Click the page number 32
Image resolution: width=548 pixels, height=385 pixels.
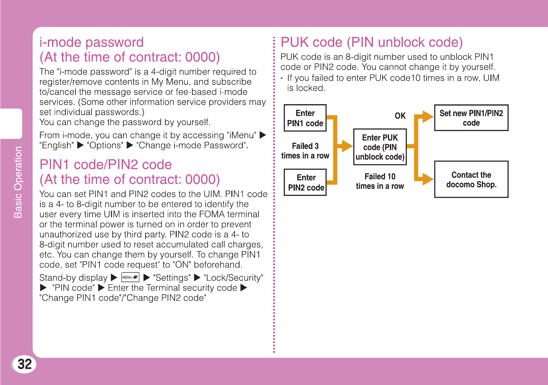point(25,364)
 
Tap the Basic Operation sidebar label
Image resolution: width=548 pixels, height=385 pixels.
point(18,182)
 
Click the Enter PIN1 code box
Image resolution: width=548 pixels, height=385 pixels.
point(305,118)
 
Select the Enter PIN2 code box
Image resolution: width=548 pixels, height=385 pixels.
point(305,182)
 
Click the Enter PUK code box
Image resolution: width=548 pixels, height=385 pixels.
point(380,147)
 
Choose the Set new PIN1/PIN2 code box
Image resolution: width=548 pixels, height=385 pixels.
point(471,118)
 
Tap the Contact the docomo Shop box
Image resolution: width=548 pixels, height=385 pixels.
point(471,179)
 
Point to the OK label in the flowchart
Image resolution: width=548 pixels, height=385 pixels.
point(400,116)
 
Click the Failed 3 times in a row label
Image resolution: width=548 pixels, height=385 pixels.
point(305,151)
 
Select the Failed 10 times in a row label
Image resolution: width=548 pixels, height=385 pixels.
point(380,181)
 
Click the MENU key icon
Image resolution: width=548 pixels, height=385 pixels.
point(130,277)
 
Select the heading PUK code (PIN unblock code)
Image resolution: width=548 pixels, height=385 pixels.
point(371,42)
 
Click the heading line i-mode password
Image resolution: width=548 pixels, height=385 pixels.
point(91,42)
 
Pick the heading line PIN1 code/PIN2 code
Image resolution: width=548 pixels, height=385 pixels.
point(105,165)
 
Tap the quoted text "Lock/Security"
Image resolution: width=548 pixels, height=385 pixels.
point(233,278)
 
